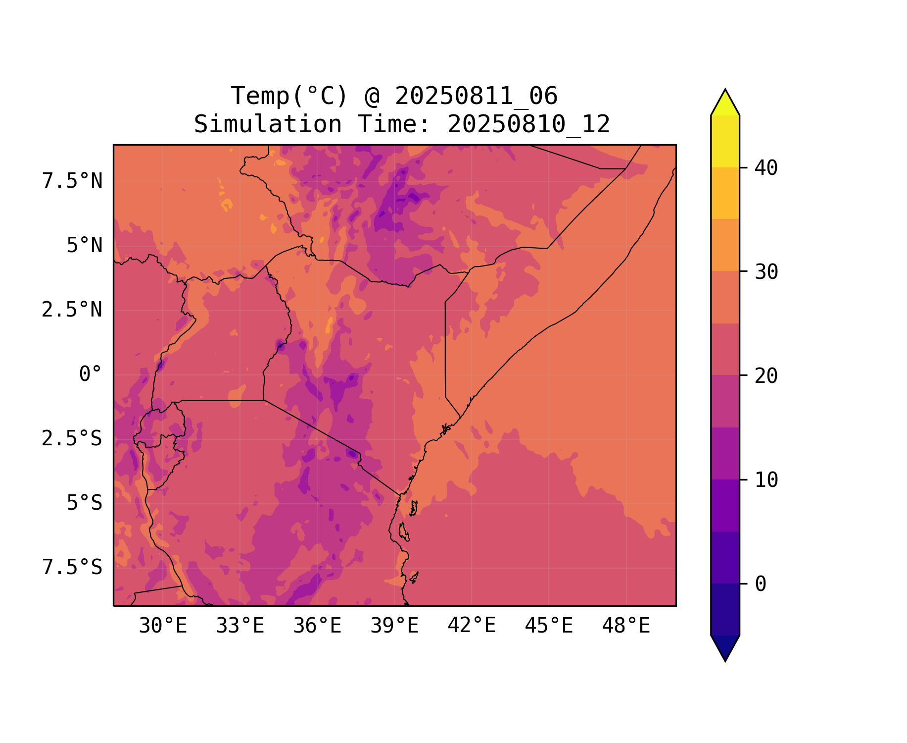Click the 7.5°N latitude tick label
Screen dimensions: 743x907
click(72, 181)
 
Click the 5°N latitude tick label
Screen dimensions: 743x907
click(84, 246)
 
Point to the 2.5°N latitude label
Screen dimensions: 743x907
click(72, 310)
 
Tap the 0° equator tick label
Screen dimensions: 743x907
click(91, 374)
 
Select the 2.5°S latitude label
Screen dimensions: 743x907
click(72, 439)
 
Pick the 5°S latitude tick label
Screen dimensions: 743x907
click(84, 503)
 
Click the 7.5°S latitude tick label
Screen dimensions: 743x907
click(72, 568)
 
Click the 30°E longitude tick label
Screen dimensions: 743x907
click(163, 626)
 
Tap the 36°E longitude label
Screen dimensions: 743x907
click(317, 626)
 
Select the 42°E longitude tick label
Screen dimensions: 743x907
click(472, 626)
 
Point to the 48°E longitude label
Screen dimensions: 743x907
click(626, 626)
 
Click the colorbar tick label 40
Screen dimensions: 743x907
click(766, 168)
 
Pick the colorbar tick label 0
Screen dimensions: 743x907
click(761, 584)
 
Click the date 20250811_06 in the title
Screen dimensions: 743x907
click(476, 96)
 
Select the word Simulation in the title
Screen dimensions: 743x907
click(268, 124)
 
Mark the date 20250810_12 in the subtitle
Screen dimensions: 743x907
click(528, 124)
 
